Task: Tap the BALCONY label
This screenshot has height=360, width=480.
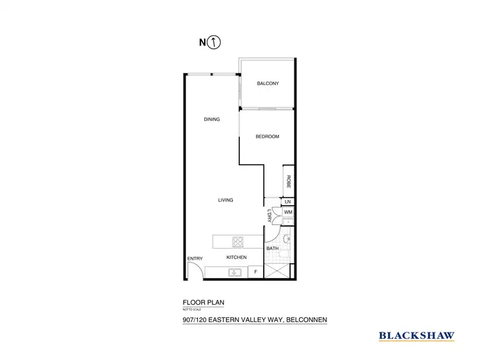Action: click(x=268, y=84)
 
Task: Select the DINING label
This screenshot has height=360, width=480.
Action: click(x=212, y=119)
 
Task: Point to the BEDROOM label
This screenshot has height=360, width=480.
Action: click(x=267, y=136)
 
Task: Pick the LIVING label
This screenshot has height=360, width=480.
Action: click(x=225, y=200)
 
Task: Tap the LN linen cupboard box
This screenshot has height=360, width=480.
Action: click(x=288, y=201)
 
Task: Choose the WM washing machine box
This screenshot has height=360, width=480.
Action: click(x=288, y=211)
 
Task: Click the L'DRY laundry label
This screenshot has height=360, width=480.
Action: click(x=269, y=217)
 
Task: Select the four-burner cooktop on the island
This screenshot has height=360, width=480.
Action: click(x=238, y=241)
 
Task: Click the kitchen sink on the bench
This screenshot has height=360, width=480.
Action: click(x=236, y=273)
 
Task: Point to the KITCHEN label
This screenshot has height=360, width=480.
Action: click(x=236, y=258)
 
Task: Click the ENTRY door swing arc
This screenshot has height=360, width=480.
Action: click(x=196, y=272)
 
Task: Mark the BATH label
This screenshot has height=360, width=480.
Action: click(x=272, y=248)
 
